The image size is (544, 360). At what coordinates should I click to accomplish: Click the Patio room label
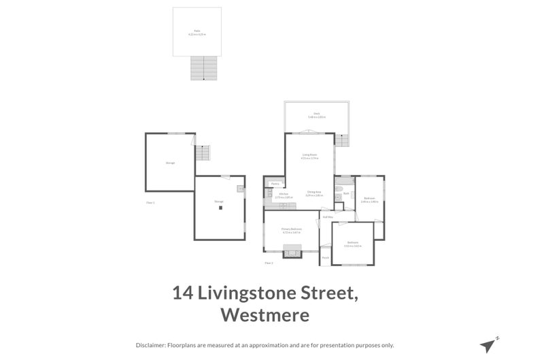point(197,31)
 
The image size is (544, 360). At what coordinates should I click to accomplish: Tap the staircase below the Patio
point(204,68)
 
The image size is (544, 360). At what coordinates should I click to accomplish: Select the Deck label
point(316,114)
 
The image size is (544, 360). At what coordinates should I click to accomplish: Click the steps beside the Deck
point(342,140)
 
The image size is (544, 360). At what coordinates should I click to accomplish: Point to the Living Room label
point(309,156)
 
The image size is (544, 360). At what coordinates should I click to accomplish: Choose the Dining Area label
point(314,193)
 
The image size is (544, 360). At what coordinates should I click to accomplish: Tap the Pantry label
point(275,184)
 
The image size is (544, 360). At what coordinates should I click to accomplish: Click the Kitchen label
point(284,194)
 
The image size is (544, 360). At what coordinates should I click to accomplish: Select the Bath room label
point(346,193)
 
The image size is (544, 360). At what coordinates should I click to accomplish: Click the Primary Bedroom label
point(292,229)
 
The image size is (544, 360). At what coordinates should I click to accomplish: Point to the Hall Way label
point(327,217)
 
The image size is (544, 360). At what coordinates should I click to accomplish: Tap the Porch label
point(326,257)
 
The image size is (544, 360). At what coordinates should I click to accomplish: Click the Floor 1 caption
point(151,203)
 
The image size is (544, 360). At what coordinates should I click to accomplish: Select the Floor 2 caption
point(269,263)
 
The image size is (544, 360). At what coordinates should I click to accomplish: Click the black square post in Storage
point(220,208)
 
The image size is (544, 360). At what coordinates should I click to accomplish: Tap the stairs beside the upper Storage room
point(203,153)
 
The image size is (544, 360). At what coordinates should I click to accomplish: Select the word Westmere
point(265,316)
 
